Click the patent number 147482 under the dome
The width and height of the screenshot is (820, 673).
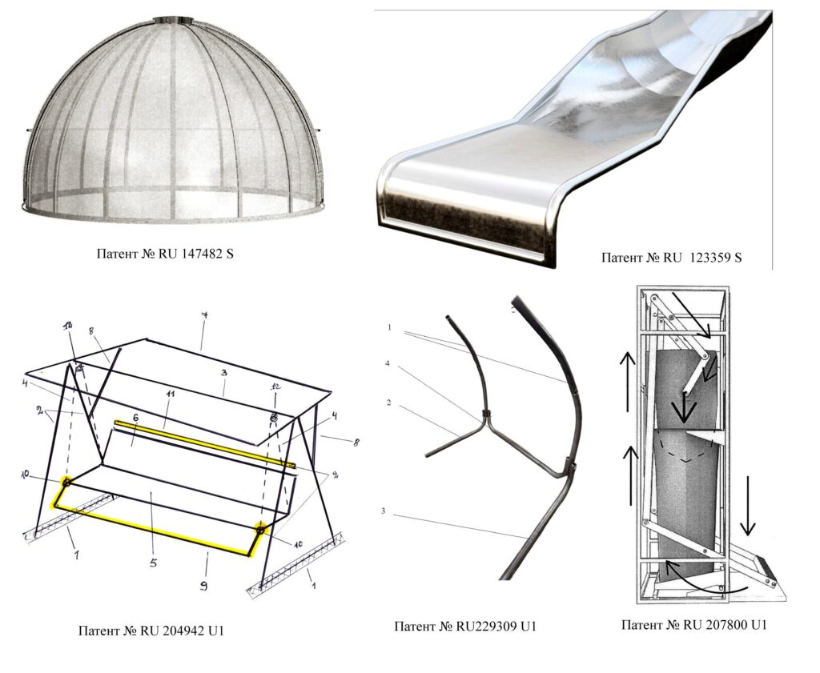click(x=203, y=254)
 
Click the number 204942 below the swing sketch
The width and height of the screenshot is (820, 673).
click(x=183, y=630)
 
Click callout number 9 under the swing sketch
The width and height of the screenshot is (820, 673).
click(x=204, y=586)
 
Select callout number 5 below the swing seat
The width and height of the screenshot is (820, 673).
click(x=153, y=563)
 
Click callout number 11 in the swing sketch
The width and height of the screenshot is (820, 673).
click(x=171, y=395)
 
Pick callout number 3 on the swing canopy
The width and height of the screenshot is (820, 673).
click(x=223, y=374)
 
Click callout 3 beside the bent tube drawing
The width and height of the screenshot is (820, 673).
click(x=384, y=511)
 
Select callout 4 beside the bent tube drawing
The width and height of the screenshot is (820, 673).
click(x=388, y=363)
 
